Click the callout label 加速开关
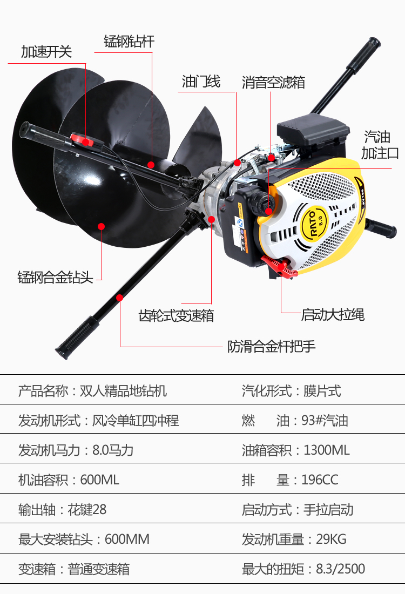pyautogui.click(x=46, y=52)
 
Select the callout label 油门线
pyautogui.click(x=201, y=82)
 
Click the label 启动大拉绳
pyautogui.click(x=333, y=314)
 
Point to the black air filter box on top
pyautogui.click(x=308, y=130)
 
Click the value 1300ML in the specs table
pyautogui.click(x=327, y=450)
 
